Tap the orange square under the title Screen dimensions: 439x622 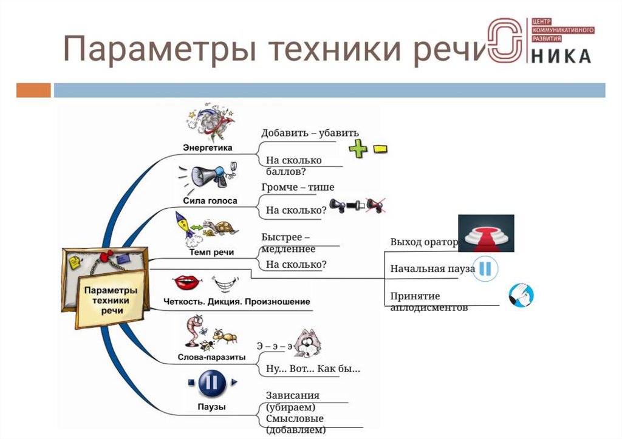[x=33, y=90]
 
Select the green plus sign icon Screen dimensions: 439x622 [x=358, y=148]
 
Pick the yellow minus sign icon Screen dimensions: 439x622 [x=380, y=148]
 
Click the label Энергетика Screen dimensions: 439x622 [x=208, y=147]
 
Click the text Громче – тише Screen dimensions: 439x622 [x=298, y=187]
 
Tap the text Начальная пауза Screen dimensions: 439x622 [x=432, y=268]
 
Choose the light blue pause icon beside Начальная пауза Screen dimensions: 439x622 [x=486, y=268]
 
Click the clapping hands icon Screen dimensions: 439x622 [x=521, y=295]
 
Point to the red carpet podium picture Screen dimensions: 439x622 [x=485, y=233]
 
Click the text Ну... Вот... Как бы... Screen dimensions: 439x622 [x=313, y=369]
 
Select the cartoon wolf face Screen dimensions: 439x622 [x=307, y=344]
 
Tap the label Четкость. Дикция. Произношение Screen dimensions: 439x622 [x=237, y=301]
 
